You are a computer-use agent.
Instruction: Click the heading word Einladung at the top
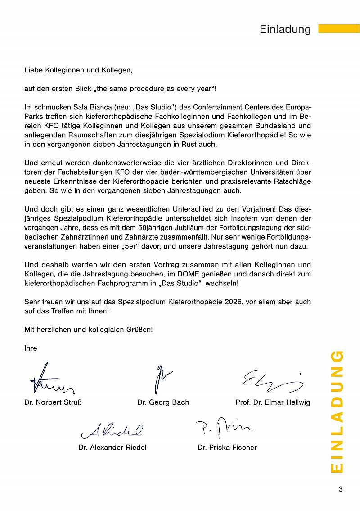(x=285, y=29)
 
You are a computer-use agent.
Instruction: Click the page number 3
(x=340, y=489)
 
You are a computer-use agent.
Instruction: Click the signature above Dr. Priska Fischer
(x=224, y=428)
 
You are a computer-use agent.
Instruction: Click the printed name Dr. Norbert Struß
(x=53, y=402)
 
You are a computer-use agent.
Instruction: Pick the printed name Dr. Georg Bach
(x=163, y=402)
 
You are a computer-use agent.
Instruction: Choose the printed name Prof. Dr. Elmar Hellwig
(x=273, y=402)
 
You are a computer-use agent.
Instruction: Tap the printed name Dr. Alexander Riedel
(x=112, y=447)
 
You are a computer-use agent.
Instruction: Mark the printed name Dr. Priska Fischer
(x=227, y=447)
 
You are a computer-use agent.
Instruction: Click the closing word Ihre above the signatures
(x=31, y=348)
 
